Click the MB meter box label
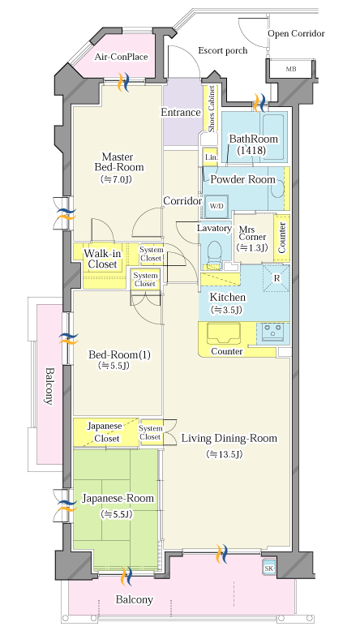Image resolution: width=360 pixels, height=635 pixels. point(291,69)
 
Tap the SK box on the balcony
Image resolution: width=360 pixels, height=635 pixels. point(269,568)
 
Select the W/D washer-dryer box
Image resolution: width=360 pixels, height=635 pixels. point(216,205)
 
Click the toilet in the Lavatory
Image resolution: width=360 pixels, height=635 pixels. point(214,253)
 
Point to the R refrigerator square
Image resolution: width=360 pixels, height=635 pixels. point(276,278)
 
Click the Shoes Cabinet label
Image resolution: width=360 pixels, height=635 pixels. point(212,109)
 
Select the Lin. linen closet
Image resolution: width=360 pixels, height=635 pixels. point(211,157)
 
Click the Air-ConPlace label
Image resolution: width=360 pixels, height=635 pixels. point(121,57)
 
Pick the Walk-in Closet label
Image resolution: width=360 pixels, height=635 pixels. point(102,260)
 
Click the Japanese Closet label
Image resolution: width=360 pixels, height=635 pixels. point(105,432)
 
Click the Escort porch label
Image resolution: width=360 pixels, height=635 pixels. point(223,50)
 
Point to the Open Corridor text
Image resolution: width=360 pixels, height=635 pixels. point(297,33)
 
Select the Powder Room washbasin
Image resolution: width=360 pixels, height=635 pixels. point(278,188)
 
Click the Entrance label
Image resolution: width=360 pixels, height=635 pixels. point(181,113)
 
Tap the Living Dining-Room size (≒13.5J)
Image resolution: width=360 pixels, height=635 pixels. point(225,454)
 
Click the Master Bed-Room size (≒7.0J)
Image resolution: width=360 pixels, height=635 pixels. point(117,179)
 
